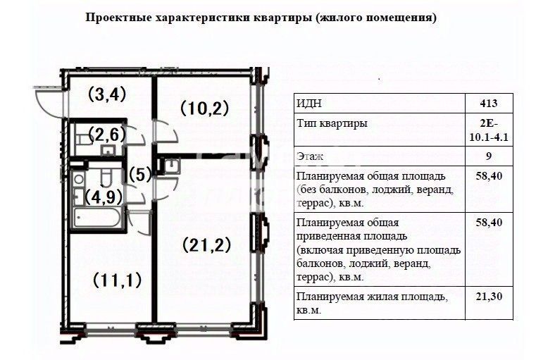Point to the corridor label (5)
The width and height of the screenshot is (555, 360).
click(x=140, y=175)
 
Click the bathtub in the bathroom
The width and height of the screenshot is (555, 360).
click(x=97, y=218)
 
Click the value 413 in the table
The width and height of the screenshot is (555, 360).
click(x=489, y=103)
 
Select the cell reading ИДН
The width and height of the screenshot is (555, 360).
click(x=309, y=103)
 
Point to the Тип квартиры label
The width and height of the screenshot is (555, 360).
click(x=332, y=123)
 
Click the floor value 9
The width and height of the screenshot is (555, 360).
click(x=489, y=156)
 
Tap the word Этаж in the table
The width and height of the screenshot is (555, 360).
click(x=310, y=156)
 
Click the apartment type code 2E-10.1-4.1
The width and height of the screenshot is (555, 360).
click(x=489, y=130)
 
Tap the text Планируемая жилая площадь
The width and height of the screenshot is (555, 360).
click(x=372, y=297)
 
